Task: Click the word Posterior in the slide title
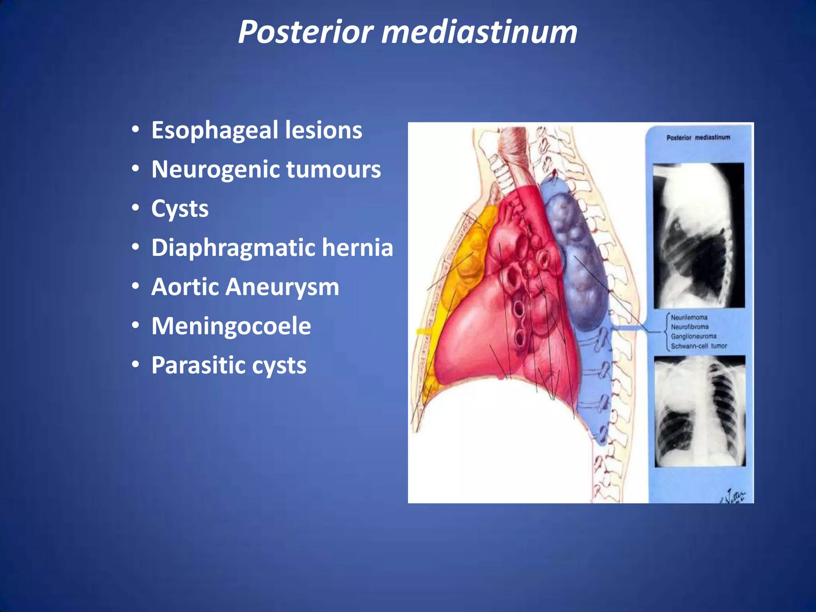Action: (306, 32)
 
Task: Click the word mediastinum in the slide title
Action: (479, 32)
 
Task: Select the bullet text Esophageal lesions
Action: (257, 130)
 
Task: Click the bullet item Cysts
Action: (180, 208)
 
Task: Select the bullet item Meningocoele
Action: (231, 326)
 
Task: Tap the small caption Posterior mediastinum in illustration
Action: (698, 137)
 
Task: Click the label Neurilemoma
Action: (689, 318)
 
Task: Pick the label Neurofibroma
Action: (690, 327)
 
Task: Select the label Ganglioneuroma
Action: (693, 337)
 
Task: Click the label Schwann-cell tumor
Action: (698, 346)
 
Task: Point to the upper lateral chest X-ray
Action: (698, 235)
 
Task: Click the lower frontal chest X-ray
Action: (700, 411)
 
